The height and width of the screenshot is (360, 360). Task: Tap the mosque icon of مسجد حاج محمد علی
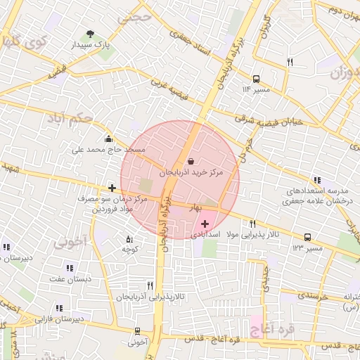(x=108, y=139)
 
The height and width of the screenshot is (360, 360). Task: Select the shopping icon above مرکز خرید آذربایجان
(x=191, y=161)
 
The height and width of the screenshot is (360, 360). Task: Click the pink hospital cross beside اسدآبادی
(x=205, y=223)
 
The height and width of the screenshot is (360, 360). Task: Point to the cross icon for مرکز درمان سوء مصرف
(x=112, y=188)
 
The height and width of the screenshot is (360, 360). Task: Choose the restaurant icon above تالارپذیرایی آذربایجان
(x=150, y=285)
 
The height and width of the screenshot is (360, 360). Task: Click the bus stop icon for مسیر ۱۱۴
(x=255, y=79)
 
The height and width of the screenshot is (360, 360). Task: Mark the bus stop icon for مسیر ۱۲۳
(x=307, y=238)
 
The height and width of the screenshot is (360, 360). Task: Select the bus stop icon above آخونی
(x=137, y=331)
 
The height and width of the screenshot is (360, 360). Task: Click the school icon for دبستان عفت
(x=69, y=268)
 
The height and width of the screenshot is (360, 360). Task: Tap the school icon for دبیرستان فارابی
(x=59, y=308)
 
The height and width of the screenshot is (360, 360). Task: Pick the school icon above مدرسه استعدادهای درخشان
(x=318, y=181)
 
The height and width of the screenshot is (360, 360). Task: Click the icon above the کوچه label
(x=129, y=238)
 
